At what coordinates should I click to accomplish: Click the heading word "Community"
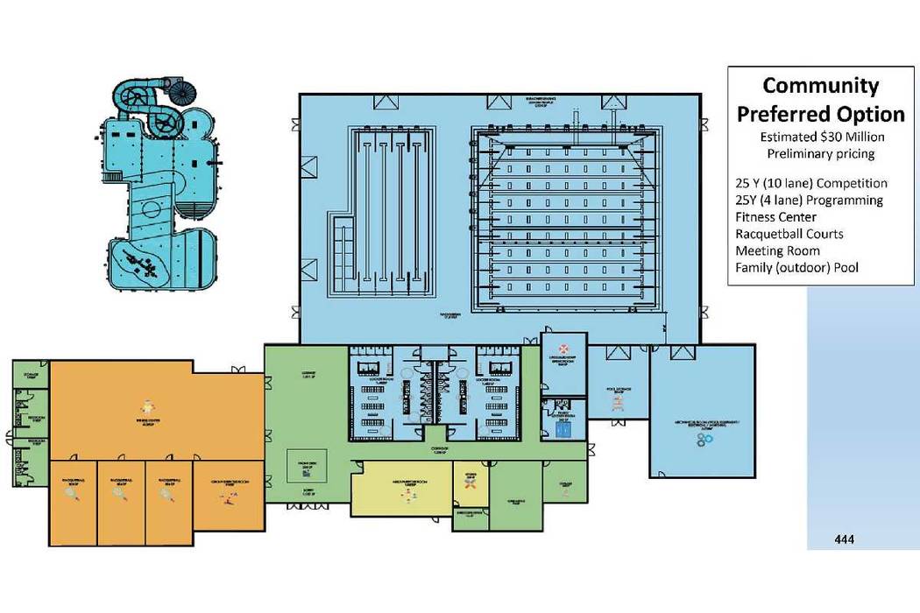(820, 86)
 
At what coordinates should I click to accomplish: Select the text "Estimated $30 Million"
(821, 137)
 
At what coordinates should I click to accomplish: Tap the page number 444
(845, 538)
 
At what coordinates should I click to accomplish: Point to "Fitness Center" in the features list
(777, 217)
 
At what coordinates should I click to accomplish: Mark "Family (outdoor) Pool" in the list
(797, 267)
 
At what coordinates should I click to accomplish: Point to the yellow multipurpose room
(406, 494)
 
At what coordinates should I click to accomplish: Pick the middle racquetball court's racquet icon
(119, 493)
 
